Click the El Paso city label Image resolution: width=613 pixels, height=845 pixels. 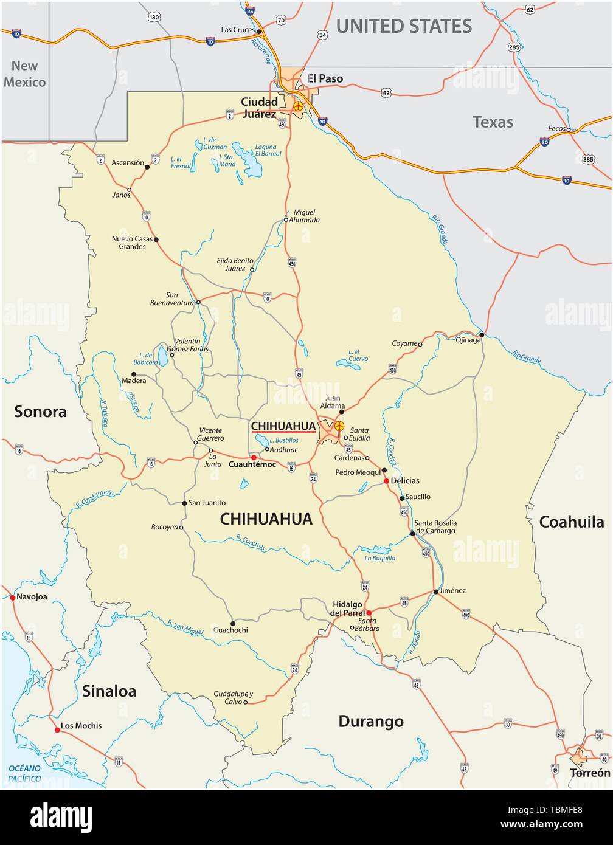[325, 78]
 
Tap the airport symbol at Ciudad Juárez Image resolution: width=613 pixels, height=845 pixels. [298, 106]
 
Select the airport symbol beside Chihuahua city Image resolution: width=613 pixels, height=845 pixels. [339, 426]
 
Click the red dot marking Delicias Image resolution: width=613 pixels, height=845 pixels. [386, 481]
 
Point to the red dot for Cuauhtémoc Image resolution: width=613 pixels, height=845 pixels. [254, 457]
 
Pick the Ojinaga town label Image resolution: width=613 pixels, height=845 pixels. [468, 340]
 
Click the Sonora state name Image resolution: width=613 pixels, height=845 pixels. [40, 412]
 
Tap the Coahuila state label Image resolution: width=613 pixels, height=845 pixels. [572, 522]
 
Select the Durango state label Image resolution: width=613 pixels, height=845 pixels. [370, 722]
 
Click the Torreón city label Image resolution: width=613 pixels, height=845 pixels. [589, 773]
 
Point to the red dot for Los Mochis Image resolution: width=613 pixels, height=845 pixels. [57, 729]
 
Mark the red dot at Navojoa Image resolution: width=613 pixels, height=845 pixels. [12, 598]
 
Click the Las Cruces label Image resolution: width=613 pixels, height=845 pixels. [238, 29]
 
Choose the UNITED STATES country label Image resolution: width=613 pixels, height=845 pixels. [404, 26]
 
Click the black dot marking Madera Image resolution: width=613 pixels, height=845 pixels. [134, 374]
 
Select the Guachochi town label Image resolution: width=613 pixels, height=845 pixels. [230, 630]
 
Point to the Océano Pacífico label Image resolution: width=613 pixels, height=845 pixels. [24, 773]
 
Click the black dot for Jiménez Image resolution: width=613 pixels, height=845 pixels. [436, 591]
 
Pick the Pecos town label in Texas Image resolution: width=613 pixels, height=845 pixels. [556, 129]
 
